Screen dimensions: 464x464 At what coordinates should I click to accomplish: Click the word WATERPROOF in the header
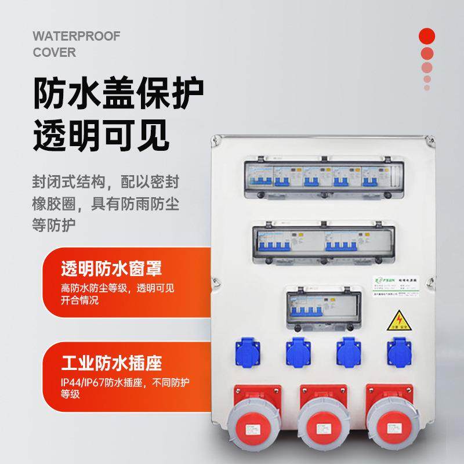tap(76, 37)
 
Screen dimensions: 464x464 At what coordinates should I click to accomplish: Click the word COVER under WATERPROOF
tap(54, 53)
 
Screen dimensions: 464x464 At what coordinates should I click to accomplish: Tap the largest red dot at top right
tap(427, 36)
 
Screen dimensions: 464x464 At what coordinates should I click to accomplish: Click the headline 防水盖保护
tap(118, 92)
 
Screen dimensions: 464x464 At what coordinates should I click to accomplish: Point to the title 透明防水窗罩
tap(111, 269)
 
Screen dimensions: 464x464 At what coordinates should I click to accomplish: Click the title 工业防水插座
tap(111, 364)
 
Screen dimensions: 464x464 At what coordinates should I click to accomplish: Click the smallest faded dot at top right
tap(427, 88)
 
